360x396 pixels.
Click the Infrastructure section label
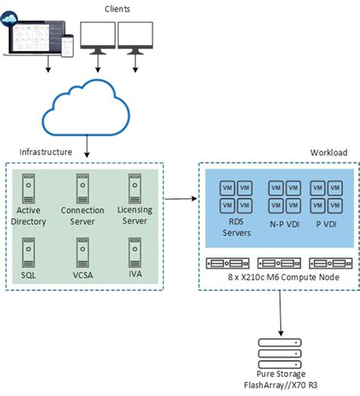click(x=41, y=152)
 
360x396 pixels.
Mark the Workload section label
click(x=328, y=152)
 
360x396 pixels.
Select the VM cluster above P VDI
click(x=327, y=195)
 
